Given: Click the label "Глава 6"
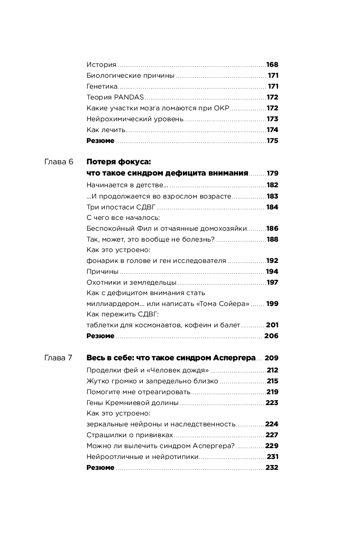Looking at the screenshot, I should pos(58,162).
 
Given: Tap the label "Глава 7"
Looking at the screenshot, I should pos(58,358).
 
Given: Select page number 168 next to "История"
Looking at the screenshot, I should pos(272,65).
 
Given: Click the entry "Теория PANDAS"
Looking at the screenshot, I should pos(115,97).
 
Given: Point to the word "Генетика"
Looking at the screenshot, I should pos(102,87).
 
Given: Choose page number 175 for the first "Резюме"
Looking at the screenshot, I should pos(272,141).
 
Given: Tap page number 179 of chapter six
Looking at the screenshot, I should pos(272,173).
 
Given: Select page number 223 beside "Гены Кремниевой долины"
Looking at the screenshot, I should pos(272,403).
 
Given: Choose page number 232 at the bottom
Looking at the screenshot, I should pos(272,468).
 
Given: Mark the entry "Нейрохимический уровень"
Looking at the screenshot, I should pos(135,119).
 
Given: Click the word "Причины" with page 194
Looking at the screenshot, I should pos(100,272).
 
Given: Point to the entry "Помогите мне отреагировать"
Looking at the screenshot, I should pos(138,392).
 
